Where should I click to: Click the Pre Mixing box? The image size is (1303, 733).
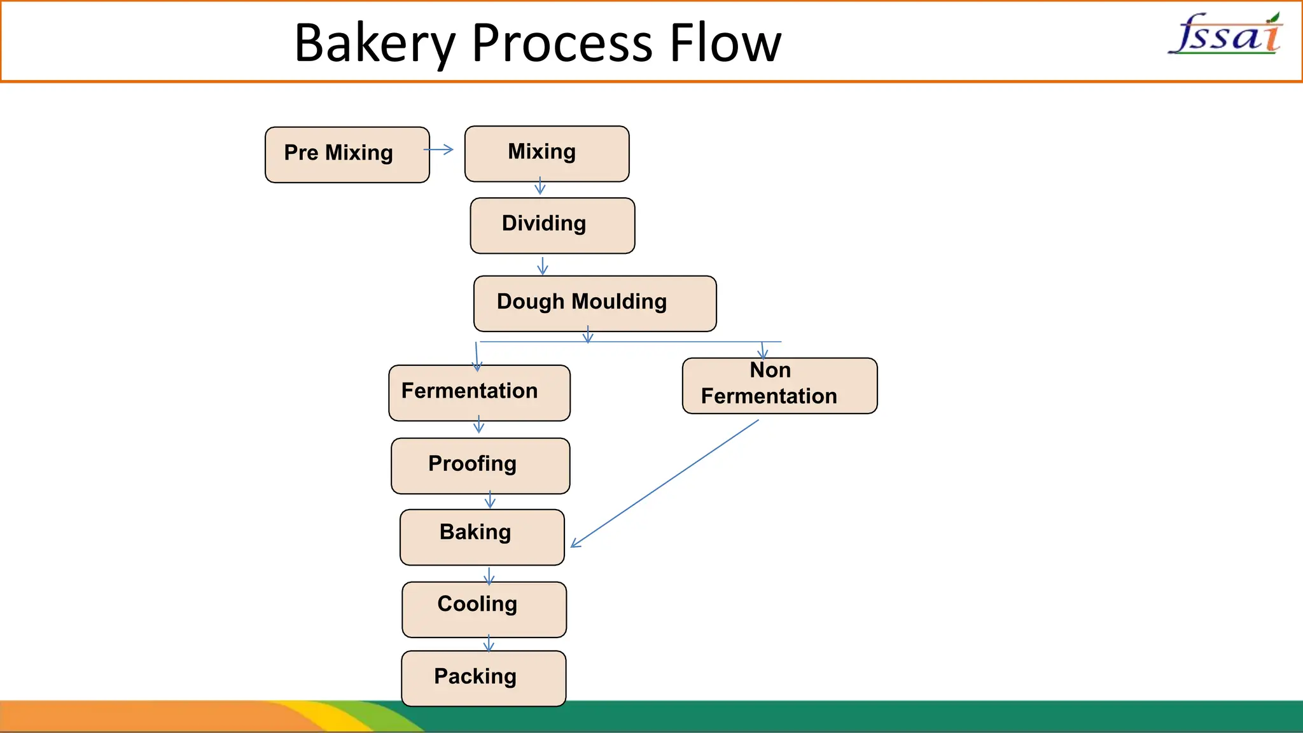[347, 155]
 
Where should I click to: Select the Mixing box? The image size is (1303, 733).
[547, 154]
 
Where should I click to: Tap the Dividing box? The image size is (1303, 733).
[552, 225]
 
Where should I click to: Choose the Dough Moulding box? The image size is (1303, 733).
[595, 304]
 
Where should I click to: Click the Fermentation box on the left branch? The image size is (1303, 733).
[479, 393]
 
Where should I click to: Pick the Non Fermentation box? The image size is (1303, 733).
[779, 386]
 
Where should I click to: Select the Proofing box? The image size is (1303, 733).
[480, 466]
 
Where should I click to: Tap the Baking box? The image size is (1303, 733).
[482, 537]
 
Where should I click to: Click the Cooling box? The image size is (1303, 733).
[484, 610]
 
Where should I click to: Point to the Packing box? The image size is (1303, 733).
[483, 678]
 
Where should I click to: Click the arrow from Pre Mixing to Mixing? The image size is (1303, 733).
[439, 150]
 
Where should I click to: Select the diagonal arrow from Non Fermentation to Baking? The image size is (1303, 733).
[665, 483]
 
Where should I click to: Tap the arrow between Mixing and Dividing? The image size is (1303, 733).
[540, 186]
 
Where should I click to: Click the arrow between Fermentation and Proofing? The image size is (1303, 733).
[479, 425]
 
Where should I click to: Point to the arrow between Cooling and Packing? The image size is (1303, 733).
[489, 643]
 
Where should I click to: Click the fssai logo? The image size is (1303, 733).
[1225, 34]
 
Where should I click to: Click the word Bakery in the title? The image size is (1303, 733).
[375, 43]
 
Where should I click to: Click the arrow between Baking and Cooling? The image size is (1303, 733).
[489, 576]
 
